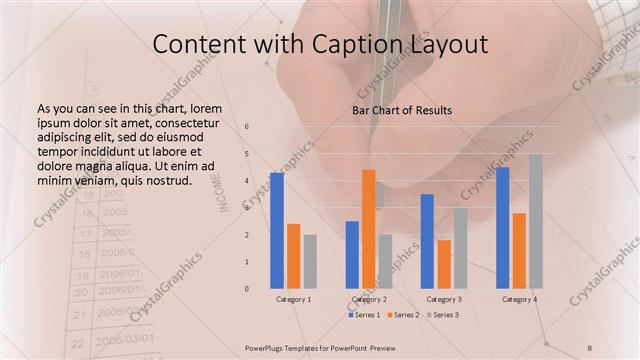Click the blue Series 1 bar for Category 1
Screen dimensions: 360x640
(x=277, y=230)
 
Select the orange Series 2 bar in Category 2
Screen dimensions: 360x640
(x=368, y=229)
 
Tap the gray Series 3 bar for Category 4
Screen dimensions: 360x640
(x=536, y=221)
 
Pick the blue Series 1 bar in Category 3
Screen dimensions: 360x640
(x=427, y=241)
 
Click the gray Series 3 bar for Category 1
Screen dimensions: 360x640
(x=310, y=261)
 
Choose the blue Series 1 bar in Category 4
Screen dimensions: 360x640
(x=502, y=227)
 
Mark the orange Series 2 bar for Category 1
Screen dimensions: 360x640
(x=293, y=256)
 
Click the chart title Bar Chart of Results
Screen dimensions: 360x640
(x=403, y=110)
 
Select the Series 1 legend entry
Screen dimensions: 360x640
(x=364, y=315)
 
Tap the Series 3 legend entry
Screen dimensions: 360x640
(x=444, y=315)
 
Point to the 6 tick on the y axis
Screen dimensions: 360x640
(x=246, y=127)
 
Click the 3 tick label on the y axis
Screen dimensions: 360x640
(x=246, y=208)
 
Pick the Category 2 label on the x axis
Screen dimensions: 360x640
(x=369, y=299)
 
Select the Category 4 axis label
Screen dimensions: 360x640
(x=519, y=299)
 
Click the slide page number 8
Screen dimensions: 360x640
(x=590, y=347)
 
